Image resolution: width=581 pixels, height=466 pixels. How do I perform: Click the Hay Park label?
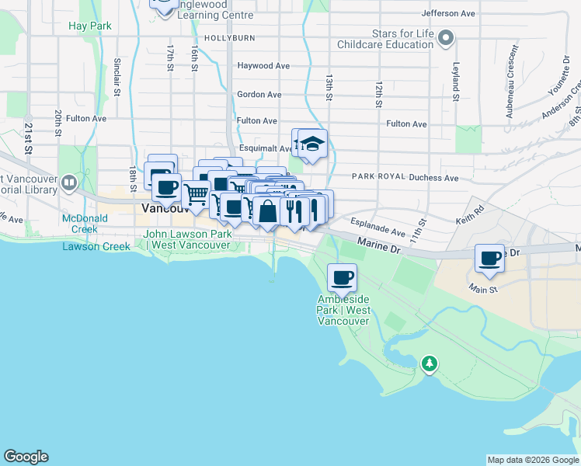(x=90, y=26)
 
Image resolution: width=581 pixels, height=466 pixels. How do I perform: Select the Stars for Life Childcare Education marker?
(x=445, y=37)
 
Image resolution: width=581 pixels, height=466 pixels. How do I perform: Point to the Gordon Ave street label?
(x=259, y=94)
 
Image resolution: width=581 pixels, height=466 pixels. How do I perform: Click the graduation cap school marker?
(x=312, y=144)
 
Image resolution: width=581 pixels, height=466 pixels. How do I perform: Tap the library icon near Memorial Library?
(x=69, y=183)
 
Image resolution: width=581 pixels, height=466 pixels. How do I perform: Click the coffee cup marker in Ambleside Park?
(x=342, y=276)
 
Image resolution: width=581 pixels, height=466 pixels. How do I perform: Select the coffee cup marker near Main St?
(x=490, y=258)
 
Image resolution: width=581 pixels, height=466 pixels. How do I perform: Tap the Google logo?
(x=26, y=457)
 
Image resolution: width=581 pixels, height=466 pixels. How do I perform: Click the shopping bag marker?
(x=267, y=211)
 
